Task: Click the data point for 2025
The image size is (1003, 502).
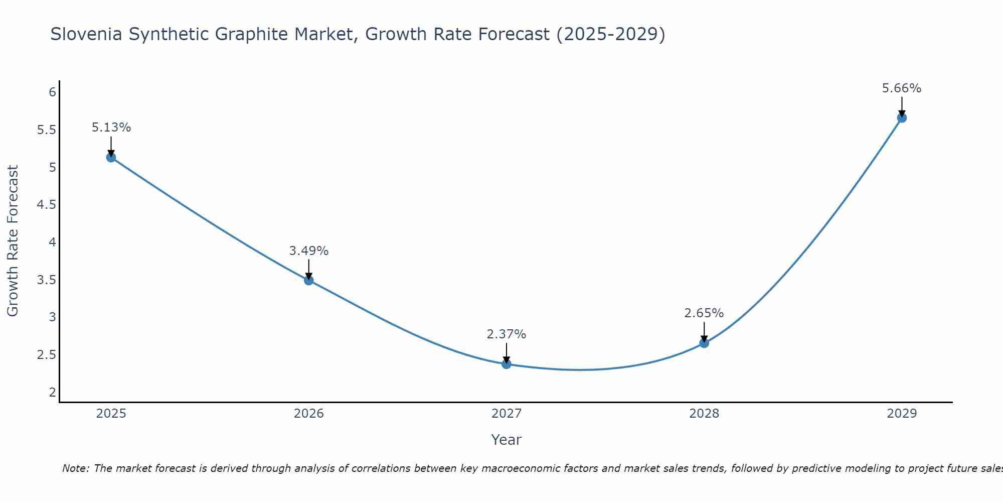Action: pos(111,158)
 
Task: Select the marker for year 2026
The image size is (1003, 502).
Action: pos(309,280)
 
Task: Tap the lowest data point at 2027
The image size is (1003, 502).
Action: pos(507,364)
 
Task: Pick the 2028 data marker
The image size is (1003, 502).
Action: pos(704,343)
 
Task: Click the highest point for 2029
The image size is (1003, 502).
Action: pos(902,118)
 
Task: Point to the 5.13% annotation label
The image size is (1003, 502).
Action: pos(111,128)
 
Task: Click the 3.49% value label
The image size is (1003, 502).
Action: pos(309,250)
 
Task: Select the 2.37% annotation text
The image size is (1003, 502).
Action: pos(507,334)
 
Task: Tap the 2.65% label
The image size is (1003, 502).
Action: pos(704,313)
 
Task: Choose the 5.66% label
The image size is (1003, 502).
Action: pos(902,88)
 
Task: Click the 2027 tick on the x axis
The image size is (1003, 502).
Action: pos(507,414)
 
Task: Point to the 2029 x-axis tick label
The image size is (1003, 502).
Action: pos(902,414)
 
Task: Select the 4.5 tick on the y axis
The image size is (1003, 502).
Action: pos(46,205)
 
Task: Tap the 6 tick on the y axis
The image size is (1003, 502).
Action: pos(52,92)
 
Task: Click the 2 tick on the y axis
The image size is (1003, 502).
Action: pos(52,392)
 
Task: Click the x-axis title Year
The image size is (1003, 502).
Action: pos(507,440)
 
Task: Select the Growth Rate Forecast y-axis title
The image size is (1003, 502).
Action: pos(13,241)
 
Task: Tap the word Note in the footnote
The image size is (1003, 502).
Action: pos(75,468)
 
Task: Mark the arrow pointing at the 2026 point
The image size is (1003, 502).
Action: pos(309,269)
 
